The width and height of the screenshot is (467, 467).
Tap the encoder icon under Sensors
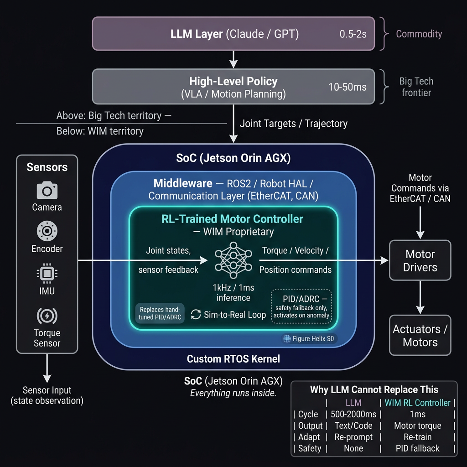click(47, 232)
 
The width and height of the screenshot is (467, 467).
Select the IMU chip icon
click(47, 274)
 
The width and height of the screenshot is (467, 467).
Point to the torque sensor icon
click(47, 316)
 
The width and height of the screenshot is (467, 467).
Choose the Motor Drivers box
click(420, 260)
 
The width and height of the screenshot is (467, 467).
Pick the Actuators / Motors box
click(420, 336)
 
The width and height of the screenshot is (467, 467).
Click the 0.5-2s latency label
click(353, 34)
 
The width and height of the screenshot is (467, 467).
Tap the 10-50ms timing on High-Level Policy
click(348, 87)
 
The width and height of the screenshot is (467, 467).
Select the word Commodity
click(419, 34)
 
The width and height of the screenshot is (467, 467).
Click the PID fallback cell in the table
click(417, 448)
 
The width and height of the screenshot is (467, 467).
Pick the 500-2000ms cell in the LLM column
click(353, 414)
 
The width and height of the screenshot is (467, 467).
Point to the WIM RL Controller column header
click(417, 403)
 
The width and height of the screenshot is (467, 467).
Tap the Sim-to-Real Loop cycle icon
click(196, 314)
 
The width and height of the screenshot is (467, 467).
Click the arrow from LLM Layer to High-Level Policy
click(233, 59)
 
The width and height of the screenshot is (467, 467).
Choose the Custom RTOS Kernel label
click(233, 359)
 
